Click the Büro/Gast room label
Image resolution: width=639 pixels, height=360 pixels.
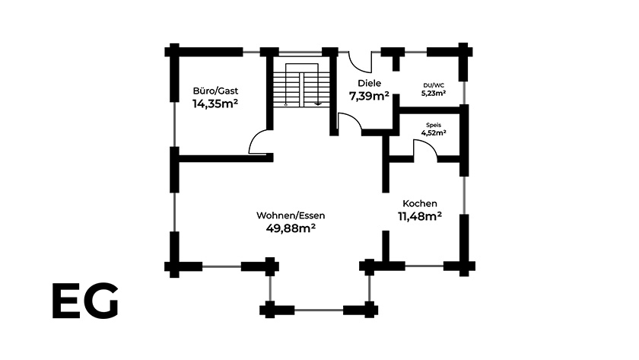215,91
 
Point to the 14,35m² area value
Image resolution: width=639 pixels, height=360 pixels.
215,104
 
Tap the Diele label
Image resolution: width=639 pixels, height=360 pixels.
369,83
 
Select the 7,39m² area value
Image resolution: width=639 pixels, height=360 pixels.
369,96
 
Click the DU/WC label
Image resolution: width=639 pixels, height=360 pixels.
434,85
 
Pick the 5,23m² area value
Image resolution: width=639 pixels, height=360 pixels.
434,93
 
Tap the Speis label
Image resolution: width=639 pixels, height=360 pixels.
434,125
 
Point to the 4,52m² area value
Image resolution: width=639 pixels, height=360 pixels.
434,132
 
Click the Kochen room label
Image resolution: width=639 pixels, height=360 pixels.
420,203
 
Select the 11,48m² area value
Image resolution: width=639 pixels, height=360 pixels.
420,216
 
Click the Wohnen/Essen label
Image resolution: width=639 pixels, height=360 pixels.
291,215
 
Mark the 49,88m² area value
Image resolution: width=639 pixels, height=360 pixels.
291,228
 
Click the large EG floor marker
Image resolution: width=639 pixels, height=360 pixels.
85,301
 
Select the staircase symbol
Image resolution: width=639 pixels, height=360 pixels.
301,85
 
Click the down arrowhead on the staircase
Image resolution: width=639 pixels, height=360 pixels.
318,104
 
